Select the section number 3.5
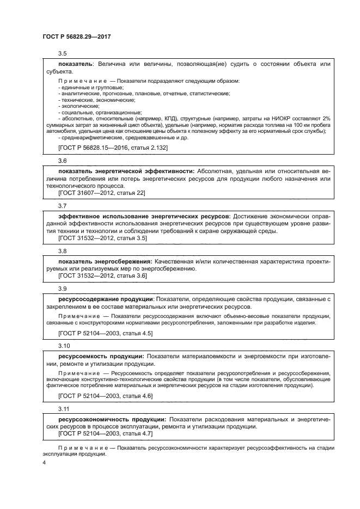click(x=62, y=53)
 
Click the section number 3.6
click(x=62, y=161)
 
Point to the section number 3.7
click(x=62, y=206)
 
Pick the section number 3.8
click(x=62, y=251)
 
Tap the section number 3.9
click(x=62, y=289)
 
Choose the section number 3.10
click(x=64, y=346)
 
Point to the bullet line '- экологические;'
click(x=78, y=106)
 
